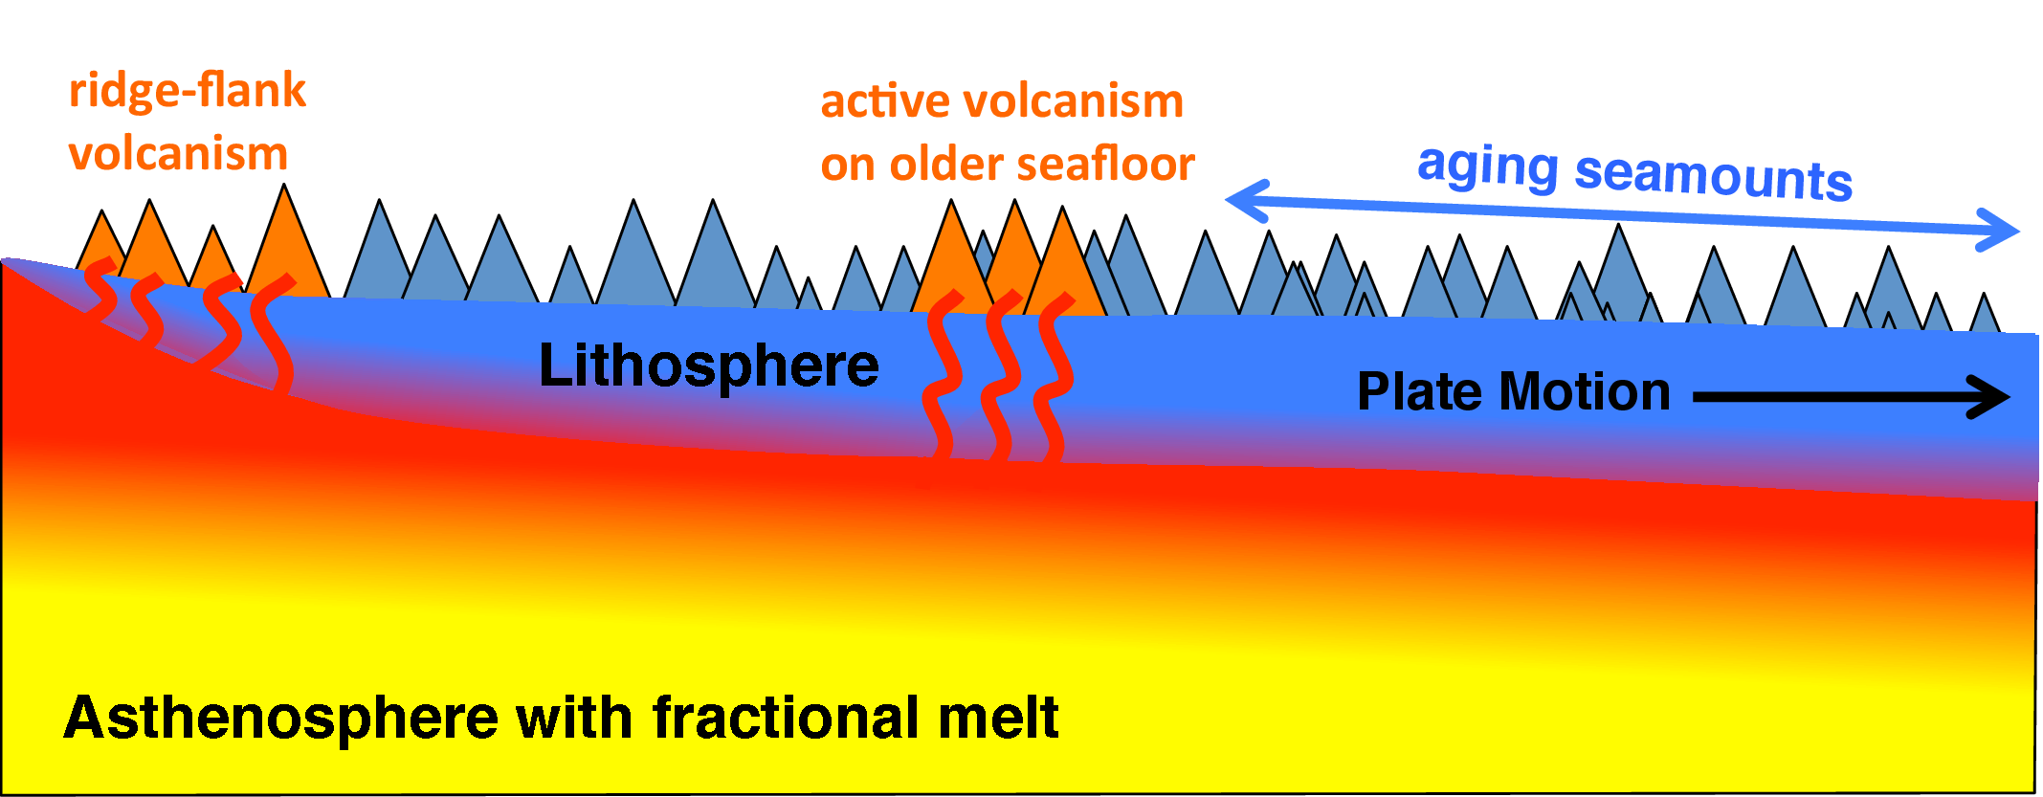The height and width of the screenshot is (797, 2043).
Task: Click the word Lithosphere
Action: coord(709,365)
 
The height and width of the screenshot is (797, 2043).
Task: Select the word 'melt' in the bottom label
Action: coord(998,718)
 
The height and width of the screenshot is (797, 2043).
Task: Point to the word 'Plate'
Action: coord(1420,391)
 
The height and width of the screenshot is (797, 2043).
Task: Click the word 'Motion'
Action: coord(1585,391)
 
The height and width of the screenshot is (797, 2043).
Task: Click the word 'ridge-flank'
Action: coord(188,92)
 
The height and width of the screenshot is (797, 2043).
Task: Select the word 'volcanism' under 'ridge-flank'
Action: coord(178,154)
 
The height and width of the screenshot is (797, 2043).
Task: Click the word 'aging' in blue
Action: coord(1487,167)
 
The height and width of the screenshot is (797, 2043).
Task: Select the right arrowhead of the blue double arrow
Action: coord(1998,231)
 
